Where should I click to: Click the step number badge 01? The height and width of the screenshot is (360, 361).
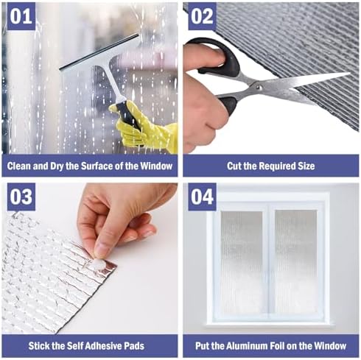[20, 16]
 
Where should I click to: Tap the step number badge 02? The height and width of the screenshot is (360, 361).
[202, 16]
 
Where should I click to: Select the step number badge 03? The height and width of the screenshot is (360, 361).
[20, 197]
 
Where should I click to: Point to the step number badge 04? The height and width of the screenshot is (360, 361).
[202, 197]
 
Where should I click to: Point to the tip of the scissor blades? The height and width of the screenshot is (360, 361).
[346, 74]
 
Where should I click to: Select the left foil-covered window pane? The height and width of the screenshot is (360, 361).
[242, 261]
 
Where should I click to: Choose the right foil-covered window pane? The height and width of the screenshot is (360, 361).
[295, 261]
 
